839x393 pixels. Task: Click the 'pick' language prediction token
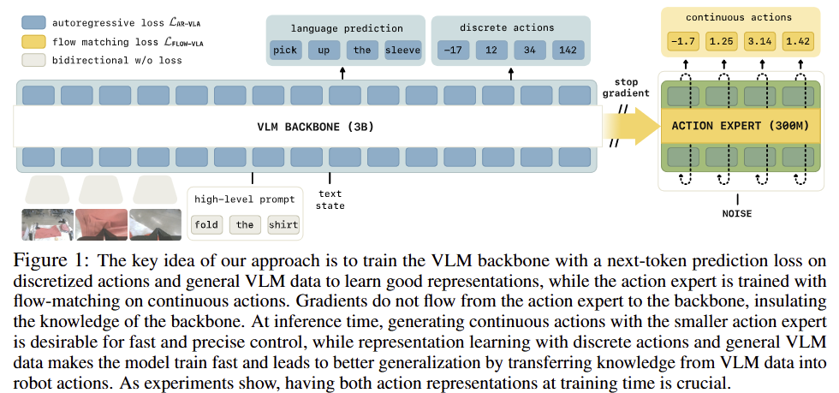286,51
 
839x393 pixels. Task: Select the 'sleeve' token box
402,51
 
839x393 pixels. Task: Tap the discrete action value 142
568,51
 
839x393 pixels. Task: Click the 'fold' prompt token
206,225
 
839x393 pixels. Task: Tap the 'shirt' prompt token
283,225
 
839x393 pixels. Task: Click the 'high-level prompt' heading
245,199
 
